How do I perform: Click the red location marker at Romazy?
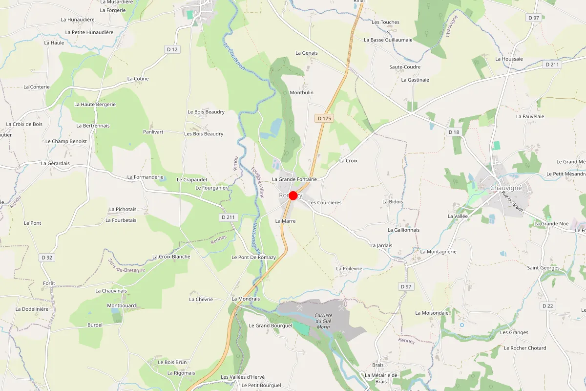293,195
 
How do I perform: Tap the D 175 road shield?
324,118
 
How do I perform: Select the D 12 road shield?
172,49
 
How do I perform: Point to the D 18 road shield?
454,132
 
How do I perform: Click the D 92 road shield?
47,257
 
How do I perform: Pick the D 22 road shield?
548,306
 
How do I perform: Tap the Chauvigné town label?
506,188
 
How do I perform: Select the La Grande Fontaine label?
294,179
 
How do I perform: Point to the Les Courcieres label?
325,202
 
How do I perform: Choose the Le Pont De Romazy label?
253,257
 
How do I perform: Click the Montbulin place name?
301,92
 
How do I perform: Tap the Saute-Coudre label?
405,67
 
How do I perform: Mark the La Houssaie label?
509,59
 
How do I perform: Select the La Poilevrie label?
349,269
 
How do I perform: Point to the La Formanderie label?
145,177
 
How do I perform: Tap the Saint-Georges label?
543,268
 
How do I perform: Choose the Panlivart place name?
153,132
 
